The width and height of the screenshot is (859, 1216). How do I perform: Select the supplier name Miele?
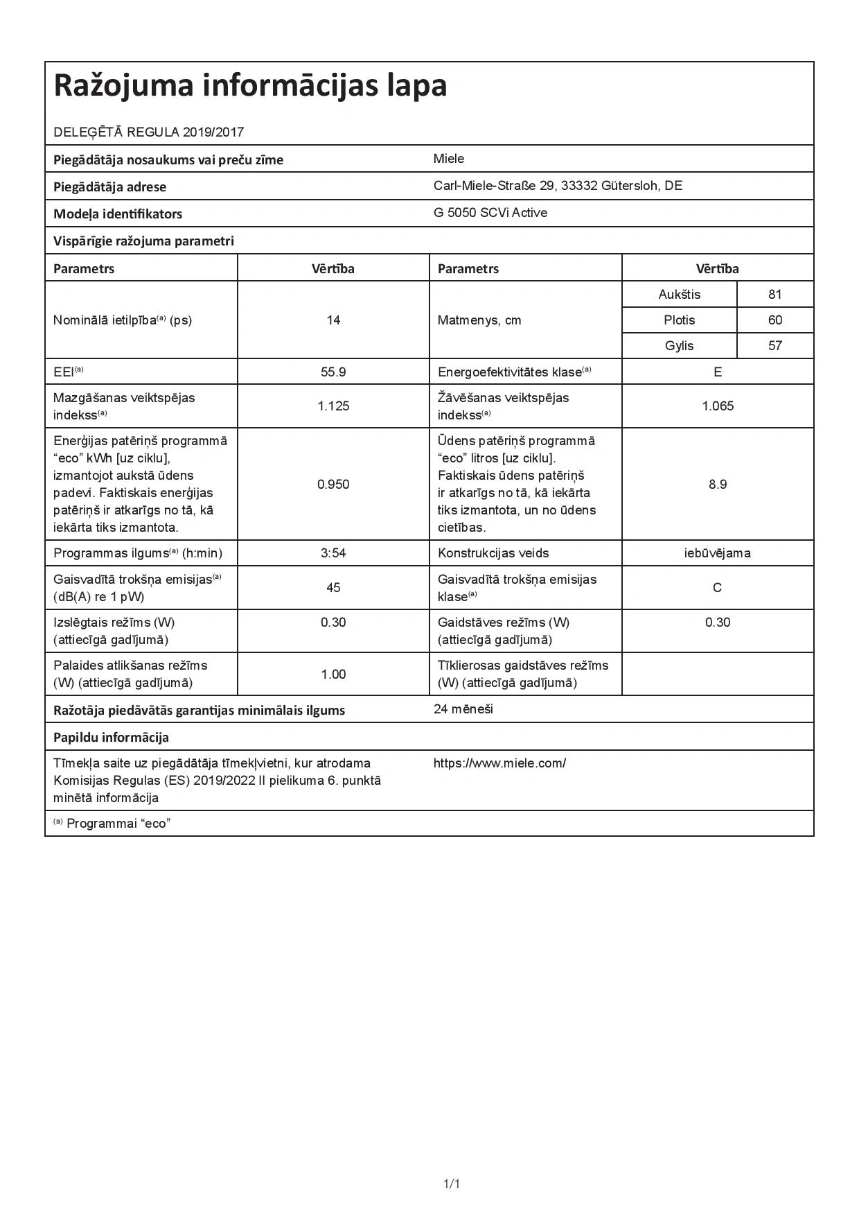coord(449,159)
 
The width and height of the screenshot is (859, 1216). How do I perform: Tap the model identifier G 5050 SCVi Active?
coord(490,213)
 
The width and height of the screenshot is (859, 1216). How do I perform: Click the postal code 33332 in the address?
coord(579,186)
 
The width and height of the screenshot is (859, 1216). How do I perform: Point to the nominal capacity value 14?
coord(333,320)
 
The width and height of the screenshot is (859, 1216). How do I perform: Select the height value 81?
coord(774,295)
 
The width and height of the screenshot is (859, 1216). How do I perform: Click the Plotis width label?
coord(679,320)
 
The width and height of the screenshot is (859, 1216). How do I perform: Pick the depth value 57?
coord(774,346)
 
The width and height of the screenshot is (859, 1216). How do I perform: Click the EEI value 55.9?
coord(333,372)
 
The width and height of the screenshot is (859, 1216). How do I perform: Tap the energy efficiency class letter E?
coord(718,372)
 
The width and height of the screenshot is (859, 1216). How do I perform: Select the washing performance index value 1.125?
coord(333,406)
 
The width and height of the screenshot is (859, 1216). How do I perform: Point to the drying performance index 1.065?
coord(718,406)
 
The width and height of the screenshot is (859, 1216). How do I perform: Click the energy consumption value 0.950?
coord(333,485)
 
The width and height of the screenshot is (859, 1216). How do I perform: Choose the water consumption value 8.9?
coord(718,485)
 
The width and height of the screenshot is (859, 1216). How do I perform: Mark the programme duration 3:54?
coord(333,553)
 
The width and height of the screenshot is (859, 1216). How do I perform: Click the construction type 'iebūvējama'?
coord(718,553)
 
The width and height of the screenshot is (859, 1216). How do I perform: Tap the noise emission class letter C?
coord(718,588)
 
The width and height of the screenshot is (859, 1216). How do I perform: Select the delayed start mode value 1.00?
coord(333,675)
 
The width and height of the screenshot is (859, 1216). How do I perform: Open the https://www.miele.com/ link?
coord(499,763)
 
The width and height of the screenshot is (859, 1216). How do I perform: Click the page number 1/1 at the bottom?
coord(452,1183)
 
